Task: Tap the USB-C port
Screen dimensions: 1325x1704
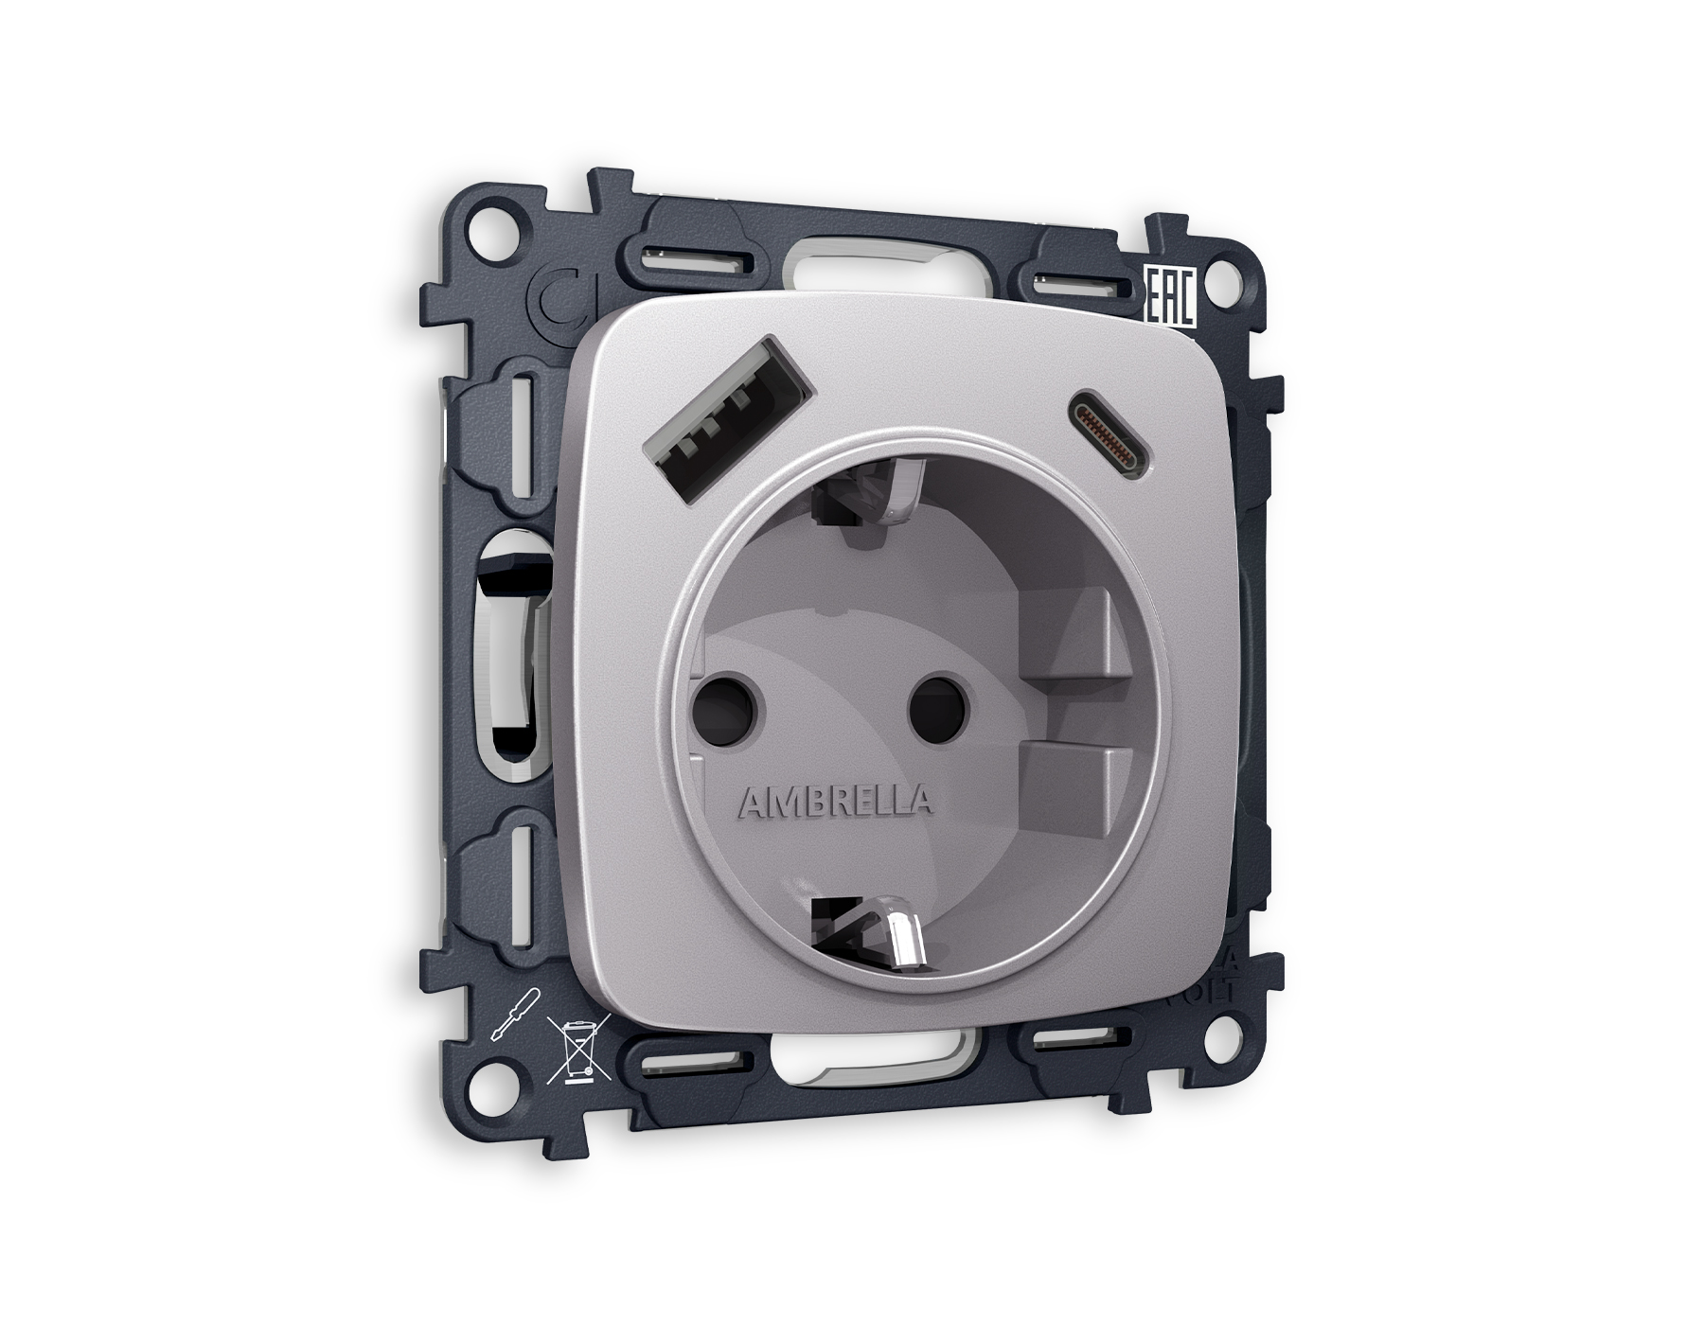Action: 1112,431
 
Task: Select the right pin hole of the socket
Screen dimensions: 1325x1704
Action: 939,705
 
